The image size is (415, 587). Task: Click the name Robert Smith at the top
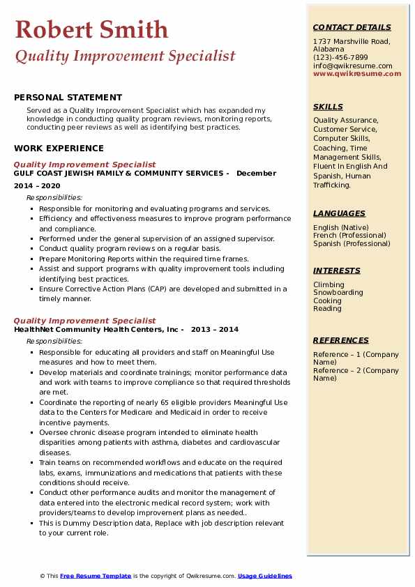pyautogui.click(x=91, y=29)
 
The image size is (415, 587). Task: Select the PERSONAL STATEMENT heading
pyautogui.click(x=68, y=98)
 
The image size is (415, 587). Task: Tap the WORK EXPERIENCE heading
pyautogui.click(x=59, y=148)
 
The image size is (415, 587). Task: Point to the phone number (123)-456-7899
pyautogui.click(x=340, y=58)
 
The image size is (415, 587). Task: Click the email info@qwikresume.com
pyautogui.click(x=352, y=66)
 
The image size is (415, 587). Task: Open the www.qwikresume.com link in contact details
pyautogui.click(x=357, y=73)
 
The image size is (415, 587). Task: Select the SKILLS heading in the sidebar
pyautogui.click(x=328, y=107)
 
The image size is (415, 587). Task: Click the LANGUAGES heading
pyautogui.click(x=339, y=213)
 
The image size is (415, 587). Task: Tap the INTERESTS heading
pyautogui.click(x=337, y=270)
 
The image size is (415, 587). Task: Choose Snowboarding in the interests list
pyautogui.click(x=338, y=293)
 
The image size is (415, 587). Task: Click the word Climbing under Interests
pyautogui.click(x=329, y=284)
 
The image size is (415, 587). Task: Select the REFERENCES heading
pyautogui.click(x=341, y=340)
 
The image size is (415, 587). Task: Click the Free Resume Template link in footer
pyautogui.click(x=96, y=576)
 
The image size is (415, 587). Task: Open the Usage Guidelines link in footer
pyautogui.click(x=265, y=576)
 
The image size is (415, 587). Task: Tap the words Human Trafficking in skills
pyautogui.click(x=342, y=181)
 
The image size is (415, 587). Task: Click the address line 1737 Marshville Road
pyautogui.click(x=351, y=41)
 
